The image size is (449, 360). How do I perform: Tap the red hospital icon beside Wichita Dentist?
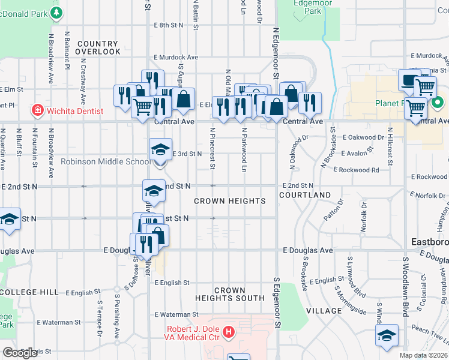37,110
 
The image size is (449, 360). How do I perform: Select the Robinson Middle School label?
106,161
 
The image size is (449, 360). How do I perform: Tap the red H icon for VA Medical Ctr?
228,331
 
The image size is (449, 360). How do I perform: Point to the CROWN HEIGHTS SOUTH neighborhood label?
230,294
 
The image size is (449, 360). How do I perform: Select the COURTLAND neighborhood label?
305,196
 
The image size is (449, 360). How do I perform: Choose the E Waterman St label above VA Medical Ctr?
176,314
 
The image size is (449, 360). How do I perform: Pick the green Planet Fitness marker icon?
438,103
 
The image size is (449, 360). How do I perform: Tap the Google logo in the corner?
20,353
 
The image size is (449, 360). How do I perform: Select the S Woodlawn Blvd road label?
406,286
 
